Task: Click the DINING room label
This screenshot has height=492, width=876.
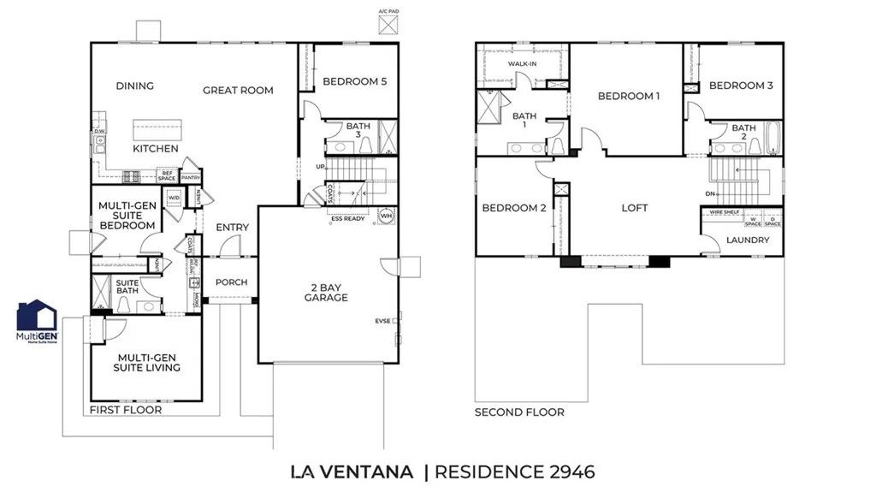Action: pyautogui.click(x=135, y=86)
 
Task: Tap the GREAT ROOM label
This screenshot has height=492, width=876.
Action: pyautogui.click(x=238, y=90)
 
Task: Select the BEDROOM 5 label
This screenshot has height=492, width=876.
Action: pyautogui.click(x=355, y=81)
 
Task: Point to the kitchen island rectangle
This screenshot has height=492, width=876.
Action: pyautogui.click(x=156, y=130)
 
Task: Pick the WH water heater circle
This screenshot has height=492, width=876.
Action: pyautogui.click(x=385, y=216)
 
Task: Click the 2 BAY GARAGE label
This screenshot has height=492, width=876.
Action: pyautogui.click(x=326, y=292)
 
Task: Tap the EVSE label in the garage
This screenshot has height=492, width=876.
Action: pyautogui.click(x=382, y=321)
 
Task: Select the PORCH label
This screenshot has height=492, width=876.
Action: pyautogui.click(x=231, y=282)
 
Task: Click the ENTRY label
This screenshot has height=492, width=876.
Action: pyautogui.click(x=233, y=228)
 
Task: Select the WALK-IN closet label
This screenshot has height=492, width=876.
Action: pyautogui.click(x=522, y=64)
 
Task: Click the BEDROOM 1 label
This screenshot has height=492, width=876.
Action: pyautogui.click(x=629, y=96)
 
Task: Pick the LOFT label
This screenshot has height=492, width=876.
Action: pyautogui.click(x=635, y=208)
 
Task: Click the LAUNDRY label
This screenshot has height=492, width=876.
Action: pyautogui.click(x=749, y=240)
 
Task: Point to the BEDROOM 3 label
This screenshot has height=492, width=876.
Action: pyautogui.click(x=741, y=86)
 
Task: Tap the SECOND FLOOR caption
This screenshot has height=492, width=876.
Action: pyautogui.click(x=519, y=412)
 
